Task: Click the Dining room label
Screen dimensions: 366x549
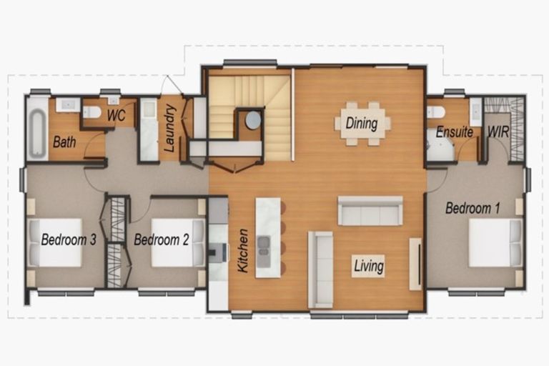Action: (x=362, y=123)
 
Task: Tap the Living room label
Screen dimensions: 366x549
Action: (x=369, y=267)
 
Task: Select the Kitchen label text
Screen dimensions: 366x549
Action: (x=242, y=250)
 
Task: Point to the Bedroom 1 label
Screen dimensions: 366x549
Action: (x=473, y=209)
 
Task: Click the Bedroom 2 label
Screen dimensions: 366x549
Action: (x=161, y=239)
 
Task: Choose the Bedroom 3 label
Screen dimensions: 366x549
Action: (x=69, y=239)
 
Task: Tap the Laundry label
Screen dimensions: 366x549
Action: (x=170, y=129)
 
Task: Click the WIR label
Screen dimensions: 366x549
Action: (x=498, y=132)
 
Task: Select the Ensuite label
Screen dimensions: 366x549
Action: (x=454, y=132)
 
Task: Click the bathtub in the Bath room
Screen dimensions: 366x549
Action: (x=36, y=129)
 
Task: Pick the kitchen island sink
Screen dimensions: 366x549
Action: (x=264, y=243)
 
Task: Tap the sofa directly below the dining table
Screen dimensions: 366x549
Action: (x=370, y=212)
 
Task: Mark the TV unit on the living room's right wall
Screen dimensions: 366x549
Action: (x=415, y=264)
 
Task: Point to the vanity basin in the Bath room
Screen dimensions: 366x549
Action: (x=68, y=105)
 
